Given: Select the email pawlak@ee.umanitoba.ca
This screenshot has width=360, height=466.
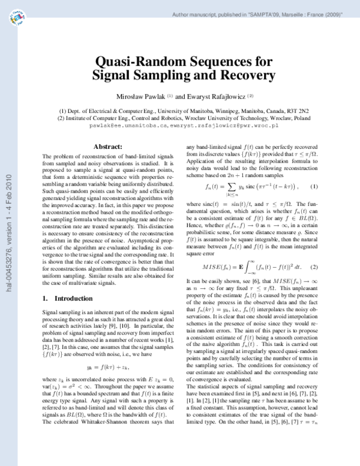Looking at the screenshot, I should coord(124,127).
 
